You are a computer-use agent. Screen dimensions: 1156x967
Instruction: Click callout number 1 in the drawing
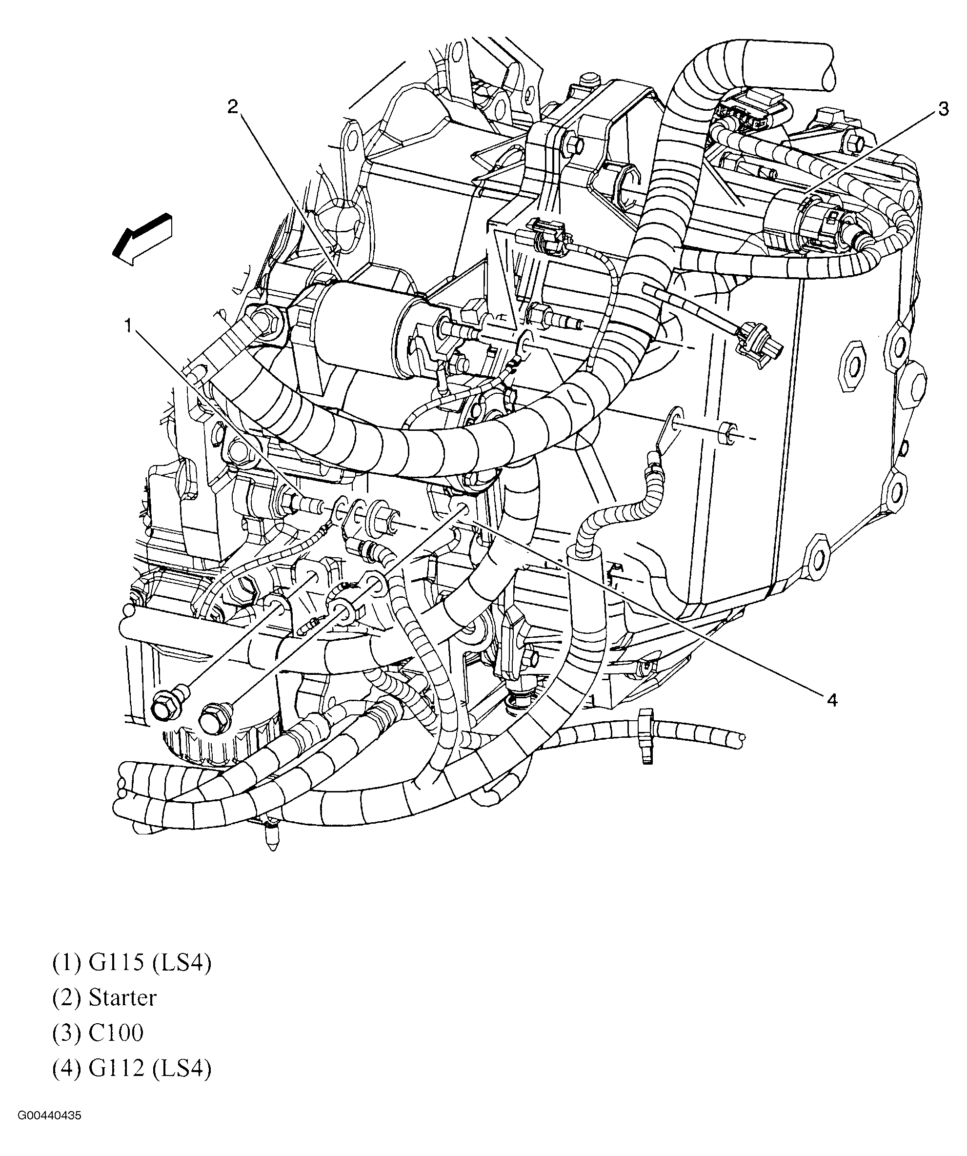(128, 326)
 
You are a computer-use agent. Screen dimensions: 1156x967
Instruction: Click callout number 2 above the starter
(233, 106)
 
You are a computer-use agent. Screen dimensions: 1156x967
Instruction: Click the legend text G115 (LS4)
(132, 963)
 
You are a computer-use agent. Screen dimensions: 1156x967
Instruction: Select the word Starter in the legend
(122, 997)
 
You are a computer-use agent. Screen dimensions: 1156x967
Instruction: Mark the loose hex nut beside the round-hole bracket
(727, 433)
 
